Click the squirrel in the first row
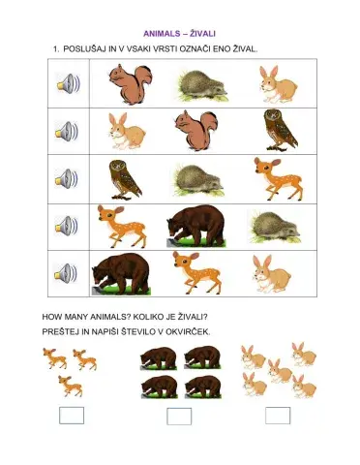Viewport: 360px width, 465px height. (129, 83)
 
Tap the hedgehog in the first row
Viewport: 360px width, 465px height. (200, 84)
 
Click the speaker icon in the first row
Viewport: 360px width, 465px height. (67, 84)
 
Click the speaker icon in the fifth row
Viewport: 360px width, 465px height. (67, 273)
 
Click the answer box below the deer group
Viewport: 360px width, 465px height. (72, 416)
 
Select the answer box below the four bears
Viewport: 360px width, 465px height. (179, 417)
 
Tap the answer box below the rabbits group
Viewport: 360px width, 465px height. (278, 416)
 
